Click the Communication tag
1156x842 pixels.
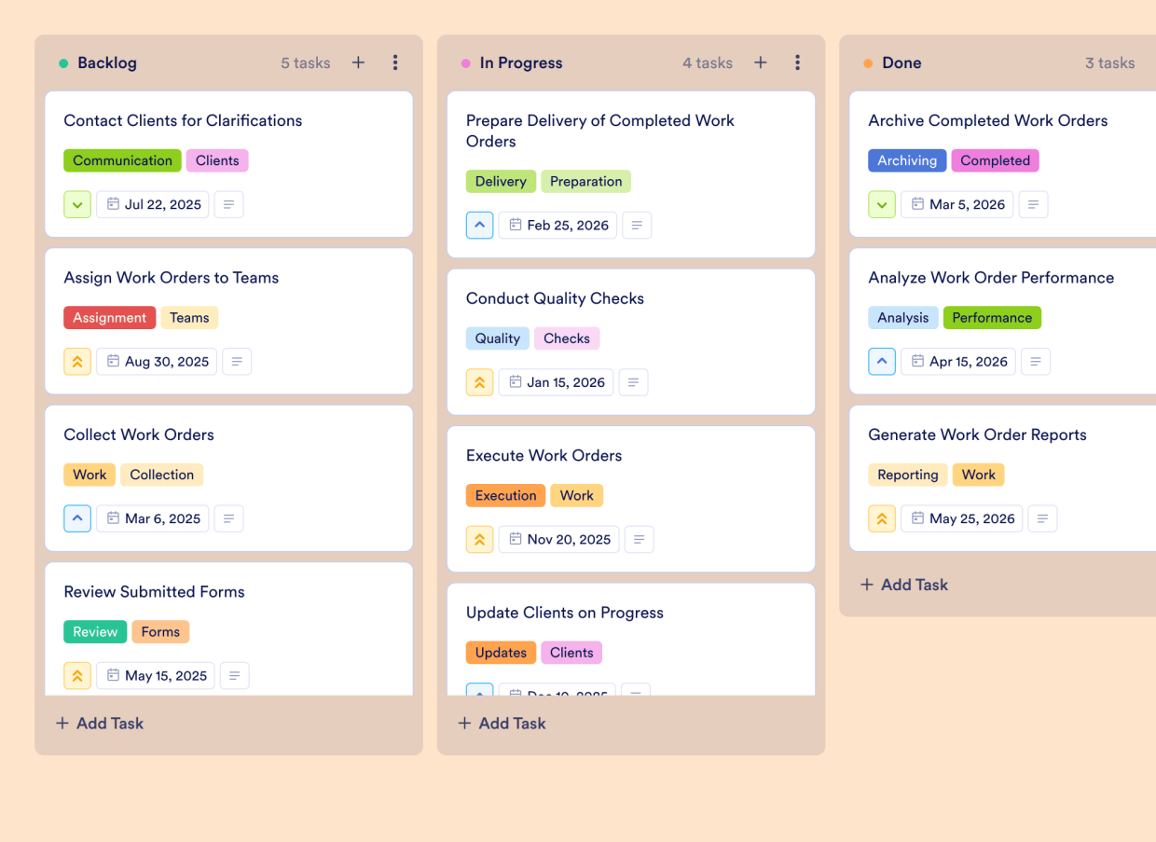click(122, 160)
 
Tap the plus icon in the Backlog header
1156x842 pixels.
click(358, 62)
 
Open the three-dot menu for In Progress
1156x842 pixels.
click(797, 62)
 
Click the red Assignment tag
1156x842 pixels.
click(109, 318)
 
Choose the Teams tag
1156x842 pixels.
click(189, 318)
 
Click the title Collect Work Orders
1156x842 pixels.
click(139, 435)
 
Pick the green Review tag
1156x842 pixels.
click(95, 632)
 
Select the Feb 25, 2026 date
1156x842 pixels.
click(557, 225)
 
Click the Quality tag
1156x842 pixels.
click(497, 338)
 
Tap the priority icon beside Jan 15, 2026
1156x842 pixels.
click(479, 382)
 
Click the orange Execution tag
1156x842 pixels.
click(505, 496)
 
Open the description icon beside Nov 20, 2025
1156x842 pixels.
click(639, 539)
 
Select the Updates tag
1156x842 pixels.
click(501, 653)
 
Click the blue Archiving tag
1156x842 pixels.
click(906, 160)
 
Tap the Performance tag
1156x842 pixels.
click(992, 318)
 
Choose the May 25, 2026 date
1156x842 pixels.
click(961, 518)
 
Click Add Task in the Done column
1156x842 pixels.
click(903, 585)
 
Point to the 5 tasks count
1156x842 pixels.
click(306, 63)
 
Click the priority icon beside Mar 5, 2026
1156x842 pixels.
click(882, 204)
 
